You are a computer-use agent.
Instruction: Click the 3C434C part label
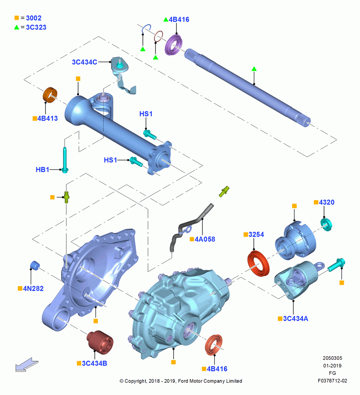coord(84,62)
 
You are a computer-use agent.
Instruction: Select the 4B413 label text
coord(48,118)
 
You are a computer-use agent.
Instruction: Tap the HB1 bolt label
coord(42,169)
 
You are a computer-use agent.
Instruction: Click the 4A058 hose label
coord(205,239)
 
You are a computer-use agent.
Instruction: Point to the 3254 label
coord(256,235)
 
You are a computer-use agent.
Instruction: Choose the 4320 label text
coord(326,202)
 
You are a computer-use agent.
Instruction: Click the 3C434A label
coord(296,319)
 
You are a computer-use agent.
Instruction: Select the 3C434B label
coord(94,363)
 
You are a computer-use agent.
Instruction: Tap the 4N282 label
coord(33,288)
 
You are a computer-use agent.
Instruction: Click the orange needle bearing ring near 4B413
coord(50,95)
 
